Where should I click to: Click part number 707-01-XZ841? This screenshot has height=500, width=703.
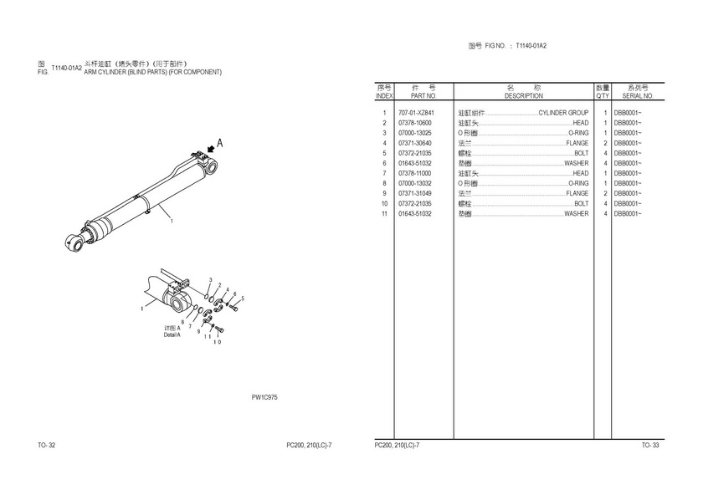416,113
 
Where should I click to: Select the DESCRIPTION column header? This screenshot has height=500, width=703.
523,96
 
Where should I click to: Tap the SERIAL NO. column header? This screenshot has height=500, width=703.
638,96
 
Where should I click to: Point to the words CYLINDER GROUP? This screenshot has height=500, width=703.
563,113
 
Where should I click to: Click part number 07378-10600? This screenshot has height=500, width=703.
415,123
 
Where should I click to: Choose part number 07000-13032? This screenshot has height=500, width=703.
415,183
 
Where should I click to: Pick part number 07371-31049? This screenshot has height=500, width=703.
415,193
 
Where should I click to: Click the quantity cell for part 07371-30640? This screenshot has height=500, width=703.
605,143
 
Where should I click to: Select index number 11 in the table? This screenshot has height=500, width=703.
384,214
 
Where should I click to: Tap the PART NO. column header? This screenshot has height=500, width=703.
423,96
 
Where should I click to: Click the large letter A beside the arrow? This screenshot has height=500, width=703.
219,143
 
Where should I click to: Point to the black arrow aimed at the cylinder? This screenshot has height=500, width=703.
210,149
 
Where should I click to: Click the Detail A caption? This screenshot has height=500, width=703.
172,334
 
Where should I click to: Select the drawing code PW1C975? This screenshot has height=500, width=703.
264,397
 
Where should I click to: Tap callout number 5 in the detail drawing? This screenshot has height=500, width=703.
243,298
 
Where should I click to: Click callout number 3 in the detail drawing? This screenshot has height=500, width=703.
210,280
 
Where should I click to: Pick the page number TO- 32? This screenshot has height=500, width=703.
47,445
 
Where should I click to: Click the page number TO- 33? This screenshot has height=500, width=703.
650,445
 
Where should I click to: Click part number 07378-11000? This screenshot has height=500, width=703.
415,173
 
